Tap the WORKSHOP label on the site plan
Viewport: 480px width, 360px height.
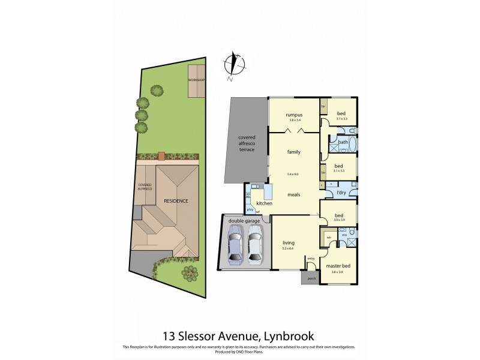[196, 80]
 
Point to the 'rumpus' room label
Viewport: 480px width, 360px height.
[293, 115]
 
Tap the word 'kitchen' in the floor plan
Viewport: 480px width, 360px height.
[265, 204]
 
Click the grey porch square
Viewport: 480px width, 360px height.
[311, 278]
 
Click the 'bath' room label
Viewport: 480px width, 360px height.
[343, 142]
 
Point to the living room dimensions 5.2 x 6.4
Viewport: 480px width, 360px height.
[289, 248]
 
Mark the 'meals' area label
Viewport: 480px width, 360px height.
[294, 194]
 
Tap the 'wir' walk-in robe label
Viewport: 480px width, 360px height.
[329, 237]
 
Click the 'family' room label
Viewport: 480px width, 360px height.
[293, 152]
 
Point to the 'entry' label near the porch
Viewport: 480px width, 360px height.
[311, 258]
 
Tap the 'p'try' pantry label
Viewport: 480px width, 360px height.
[249, 209]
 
